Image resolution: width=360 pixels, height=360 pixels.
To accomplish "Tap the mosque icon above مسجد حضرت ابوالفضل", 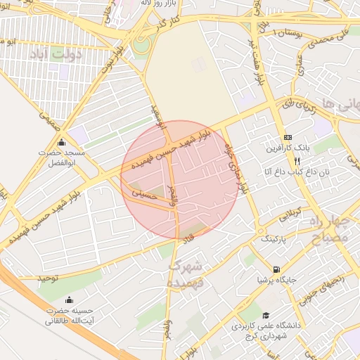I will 61,143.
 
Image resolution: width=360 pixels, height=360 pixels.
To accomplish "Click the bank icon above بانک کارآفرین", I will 287,137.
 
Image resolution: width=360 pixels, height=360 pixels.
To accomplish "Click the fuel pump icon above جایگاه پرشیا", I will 276,269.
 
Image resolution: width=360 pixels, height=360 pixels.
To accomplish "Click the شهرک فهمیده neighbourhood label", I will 186,274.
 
